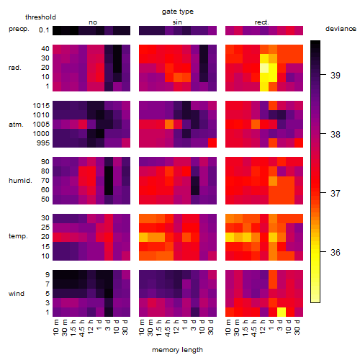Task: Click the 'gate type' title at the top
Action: (178, 12)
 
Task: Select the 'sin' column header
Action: (177, 22)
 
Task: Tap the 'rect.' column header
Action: (261, 22)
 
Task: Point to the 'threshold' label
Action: (40, 17)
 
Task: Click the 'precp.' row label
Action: (19, 29)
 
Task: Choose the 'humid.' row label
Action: (20, 181)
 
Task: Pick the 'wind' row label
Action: (17, 294)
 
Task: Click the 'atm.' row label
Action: (16, 125)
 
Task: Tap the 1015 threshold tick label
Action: (41, 106)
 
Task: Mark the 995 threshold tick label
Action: (43, 143)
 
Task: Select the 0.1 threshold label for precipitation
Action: (44, 30)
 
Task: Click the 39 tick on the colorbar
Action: (336, 76)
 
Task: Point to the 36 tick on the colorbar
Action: (336, 252)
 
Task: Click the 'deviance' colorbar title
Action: (341, 29)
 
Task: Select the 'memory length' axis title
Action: (177, 350)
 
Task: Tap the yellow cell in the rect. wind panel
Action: (282, 312)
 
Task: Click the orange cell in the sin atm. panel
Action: (169, 125)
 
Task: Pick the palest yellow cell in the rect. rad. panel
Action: (264, 68)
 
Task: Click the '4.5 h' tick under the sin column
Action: (168, 328)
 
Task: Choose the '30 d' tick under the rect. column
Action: (297, 328)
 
